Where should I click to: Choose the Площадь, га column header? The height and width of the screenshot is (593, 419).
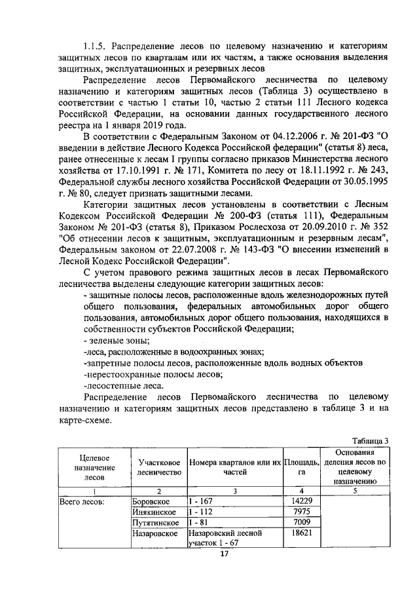pos(302,467)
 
